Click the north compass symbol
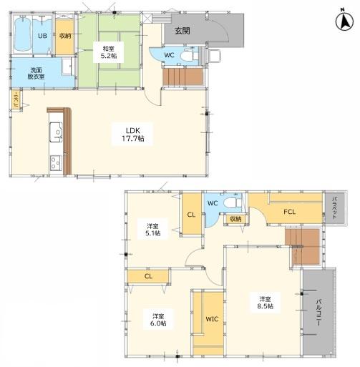344,22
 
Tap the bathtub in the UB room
23,34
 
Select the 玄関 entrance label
183,31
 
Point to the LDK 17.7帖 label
133,134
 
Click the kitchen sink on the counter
56,132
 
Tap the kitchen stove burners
56,163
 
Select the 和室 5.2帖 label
109,52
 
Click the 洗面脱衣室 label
36,74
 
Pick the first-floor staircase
183,77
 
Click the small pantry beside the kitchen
16,100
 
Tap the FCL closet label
290,212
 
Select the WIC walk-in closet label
212,319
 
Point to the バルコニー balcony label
318,312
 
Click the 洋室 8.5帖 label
265,303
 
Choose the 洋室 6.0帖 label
158,320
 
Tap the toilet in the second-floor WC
233,203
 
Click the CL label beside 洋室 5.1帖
191,215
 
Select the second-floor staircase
303,247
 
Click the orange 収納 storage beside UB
65,36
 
